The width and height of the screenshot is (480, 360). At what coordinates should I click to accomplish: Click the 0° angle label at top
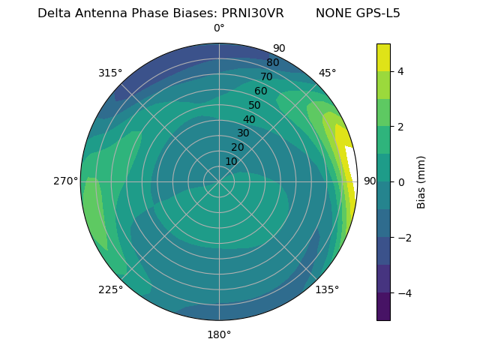click(x=219, y=28)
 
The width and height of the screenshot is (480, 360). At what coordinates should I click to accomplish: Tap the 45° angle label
click(x=327, y=73)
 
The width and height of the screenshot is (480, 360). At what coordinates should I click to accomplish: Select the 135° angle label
click(x=327, y=289)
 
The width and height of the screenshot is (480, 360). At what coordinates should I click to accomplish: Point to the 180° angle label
click(x=219, y=334)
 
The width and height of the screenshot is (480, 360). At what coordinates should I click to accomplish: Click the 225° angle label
click(x=110, y=289)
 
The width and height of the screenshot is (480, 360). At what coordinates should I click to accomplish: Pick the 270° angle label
click(x=66, y=181)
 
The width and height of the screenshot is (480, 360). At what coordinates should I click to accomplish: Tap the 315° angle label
click(x=110, y=73)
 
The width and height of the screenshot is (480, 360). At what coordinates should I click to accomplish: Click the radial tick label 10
click(x=231, y=161)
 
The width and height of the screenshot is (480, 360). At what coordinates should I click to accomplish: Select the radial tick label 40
click(x=249, y=119)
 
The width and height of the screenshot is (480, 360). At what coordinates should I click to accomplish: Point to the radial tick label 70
click(x=266, y=76)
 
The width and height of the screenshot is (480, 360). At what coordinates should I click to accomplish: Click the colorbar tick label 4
click(x=401, y=71)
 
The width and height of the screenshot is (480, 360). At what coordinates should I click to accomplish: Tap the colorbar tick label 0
click(x=401, y=181)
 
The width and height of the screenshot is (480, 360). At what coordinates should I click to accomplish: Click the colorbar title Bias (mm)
click(x=421, y=181)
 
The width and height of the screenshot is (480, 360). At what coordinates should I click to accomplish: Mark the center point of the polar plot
click(x=219, y=181)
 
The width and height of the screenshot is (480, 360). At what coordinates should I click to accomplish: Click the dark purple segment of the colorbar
click(x=383, y=307)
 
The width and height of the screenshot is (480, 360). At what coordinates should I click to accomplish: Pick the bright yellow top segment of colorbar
click(x=383, y=57)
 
